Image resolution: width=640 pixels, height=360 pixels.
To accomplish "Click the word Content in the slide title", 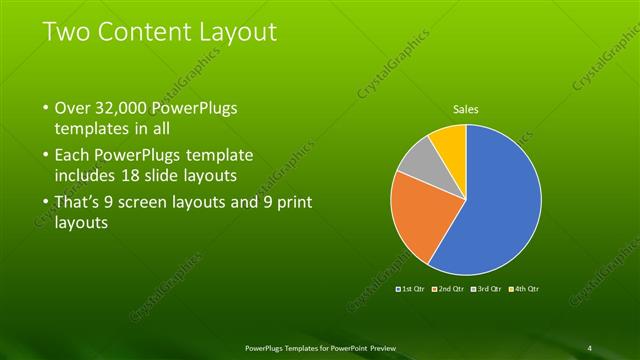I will click(x=149, y=32).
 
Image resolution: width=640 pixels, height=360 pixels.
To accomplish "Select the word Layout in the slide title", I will click(x=239, y=32).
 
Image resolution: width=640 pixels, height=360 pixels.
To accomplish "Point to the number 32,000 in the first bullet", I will click(x=123, y=108).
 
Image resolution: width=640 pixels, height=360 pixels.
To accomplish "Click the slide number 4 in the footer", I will click(x=590, y=347).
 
